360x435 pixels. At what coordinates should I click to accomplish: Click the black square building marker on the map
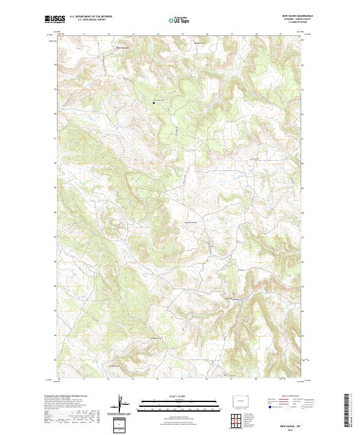tap(154, 103)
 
